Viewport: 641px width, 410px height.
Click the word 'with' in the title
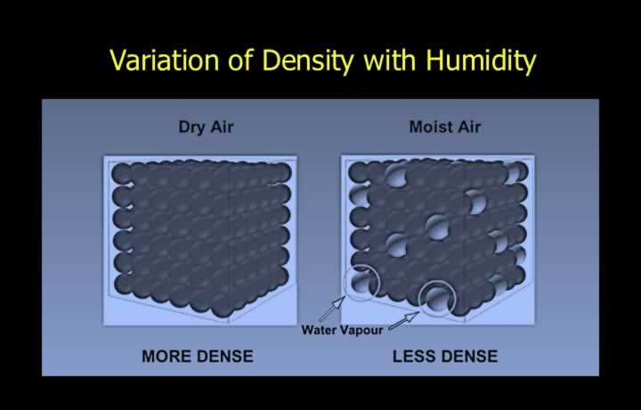(390, 60)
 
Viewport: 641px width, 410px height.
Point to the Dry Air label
(206, 127)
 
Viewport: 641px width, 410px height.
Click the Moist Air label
(445, 127)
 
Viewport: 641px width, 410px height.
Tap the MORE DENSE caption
(198, 356)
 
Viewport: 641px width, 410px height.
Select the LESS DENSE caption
(445, 356)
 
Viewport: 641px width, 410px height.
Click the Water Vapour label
(342, 330)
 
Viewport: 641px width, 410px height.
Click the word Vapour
(362, 330)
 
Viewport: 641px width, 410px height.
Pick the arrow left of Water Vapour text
(331, 309)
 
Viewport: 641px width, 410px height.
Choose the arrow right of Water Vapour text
(404, 320)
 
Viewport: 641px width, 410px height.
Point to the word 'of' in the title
(241, 60)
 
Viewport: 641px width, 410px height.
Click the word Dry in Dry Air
(191, 127)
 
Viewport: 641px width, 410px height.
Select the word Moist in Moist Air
(427, 127)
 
